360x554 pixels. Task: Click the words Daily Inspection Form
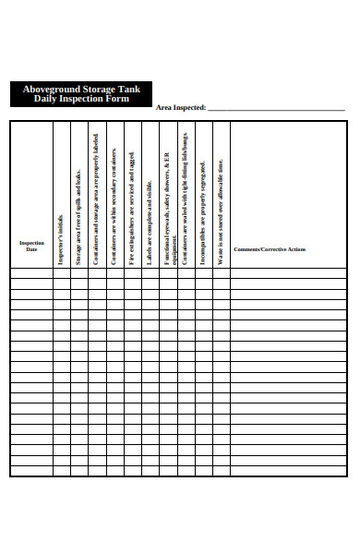(81, 99)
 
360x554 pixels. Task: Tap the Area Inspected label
(181, 107)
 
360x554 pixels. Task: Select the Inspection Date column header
(31, 247)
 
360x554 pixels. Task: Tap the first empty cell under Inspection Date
(31, 273)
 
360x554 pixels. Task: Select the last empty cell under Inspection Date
(31, 471)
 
